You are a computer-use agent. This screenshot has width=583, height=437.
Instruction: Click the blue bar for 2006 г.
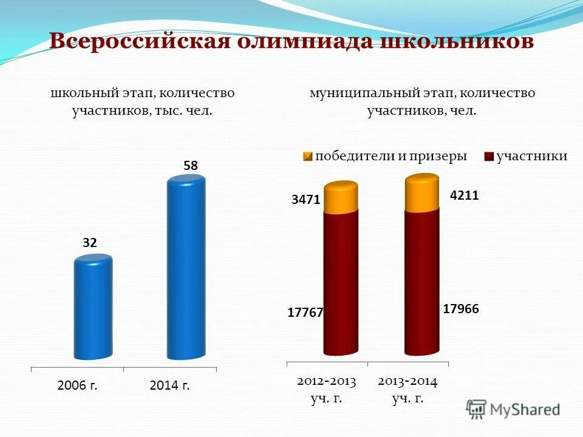(94, 307)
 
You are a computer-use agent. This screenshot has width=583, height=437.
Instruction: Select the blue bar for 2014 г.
(186, 267)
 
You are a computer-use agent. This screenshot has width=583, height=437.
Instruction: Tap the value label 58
(191, 165)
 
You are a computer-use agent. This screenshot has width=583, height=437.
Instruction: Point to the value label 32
(90, 243)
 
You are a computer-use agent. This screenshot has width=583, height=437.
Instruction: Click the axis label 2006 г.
(77, 385)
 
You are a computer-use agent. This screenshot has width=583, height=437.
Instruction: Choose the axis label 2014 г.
(170, 385)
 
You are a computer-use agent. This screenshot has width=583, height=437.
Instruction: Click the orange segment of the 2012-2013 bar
(341, 198)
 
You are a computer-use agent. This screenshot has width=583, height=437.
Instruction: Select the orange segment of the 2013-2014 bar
(421, 193)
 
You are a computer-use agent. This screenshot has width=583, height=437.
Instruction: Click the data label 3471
(305, 199)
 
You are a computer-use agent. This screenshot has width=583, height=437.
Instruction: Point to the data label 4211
(465, 195)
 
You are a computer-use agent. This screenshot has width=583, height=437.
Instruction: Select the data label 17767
(305, 313)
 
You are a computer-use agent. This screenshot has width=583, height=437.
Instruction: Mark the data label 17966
(461, 309)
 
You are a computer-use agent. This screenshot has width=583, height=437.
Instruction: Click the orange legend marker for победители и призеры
(308, 157)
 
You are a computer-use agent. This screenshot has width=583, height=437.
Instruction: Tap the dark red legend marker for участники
(489, 157)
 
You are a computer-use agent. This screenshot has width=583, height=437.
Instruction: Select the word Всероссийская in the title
(139, 41)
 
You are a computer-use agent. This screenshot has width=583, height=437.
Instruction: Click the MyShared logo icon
(477, 408)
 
